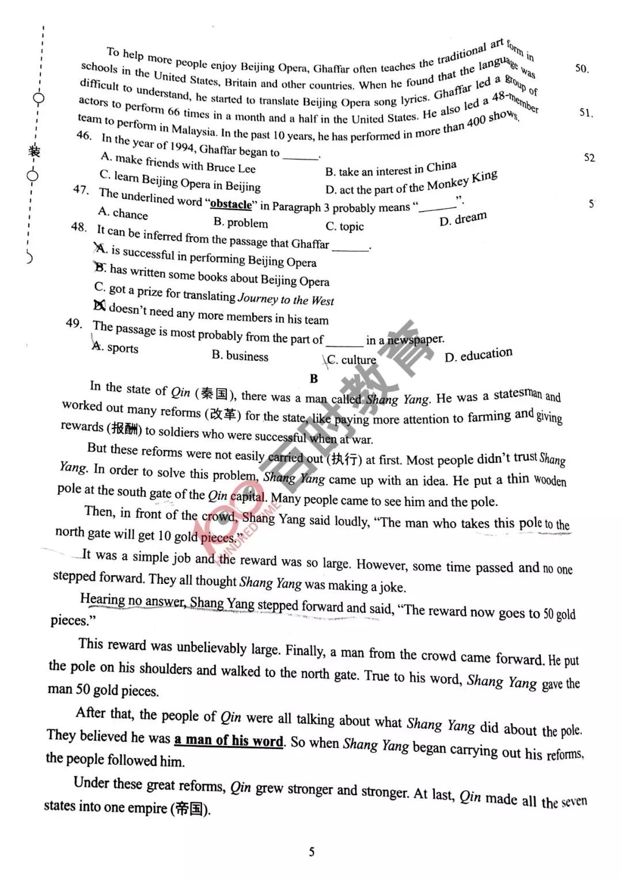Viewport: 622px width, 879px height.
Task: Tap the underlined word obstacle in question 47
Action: (231, 204)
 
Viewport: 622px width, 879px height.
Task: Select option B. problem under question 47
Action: (240, 223)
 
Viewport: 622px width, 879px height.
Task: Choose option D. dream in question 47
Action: (463, 219)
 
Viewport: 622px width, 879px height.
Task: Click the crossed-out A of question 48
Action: (100, 249)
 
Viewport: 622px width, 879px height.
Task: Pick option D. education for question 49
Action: (478, 355)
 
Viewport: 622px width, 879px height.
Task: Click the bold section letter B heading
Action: (313, 378)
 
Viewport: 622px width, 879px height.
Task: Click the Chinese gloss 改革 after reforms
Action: (223, 414)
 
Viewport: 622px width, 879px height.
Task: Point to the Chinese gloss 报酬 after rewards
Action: (125, 429)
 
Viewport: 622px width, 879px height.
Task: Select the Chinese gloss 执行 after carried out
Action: (344, 459)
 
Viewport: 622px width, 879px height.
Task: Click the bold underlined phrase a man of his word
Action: (229, 740)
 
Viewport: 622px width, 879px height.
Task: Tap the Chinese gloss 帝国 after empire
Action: (190, 809)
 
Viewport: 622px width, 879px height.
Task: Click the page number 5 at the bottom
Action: (312, 852)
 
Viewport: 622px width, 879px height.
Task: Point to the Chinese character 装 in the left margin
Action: (35, 151)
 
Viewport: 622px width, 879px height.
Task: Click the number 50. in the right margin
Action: (582, 68)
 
